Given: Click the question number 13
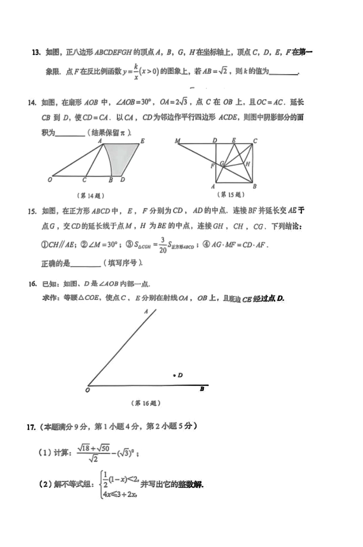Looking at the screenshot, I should [36, 52].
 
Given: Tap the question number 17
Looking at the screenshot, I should [31, 427].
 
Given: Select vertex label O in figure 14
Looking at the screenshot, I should [50, 180].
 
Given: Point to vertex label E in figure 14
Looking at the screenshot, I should [143, 141].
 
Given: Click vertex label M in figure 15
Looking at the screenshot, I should [177, 141].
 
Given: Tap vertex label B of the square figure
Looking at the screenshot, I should [255, 186].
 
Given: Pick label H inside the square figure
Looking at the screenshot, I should [248, 164].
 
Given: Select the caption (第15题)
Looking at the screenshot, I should [231, 195].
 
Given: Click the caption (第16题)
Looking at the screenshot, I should [146, 403].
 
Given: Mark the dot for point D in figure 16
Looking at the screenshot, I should [174, 375].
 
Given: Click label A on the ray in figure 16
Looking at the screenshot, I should [146, 311].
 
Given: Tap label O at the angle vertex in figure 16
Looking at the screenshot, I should [88, 390].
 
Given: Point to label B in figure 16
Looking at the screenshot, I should [202, 389].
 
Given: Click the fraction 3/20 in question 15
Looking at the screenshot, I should [163, 245].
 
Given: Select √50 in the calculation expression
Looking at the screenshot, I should [103, 448].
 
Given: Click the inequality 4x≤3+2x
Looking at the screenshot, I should [120, 494].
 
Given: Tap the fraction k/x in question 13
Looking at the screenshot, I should [136, 72].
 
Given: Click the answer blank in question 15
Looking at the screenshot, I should [86, 264].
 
